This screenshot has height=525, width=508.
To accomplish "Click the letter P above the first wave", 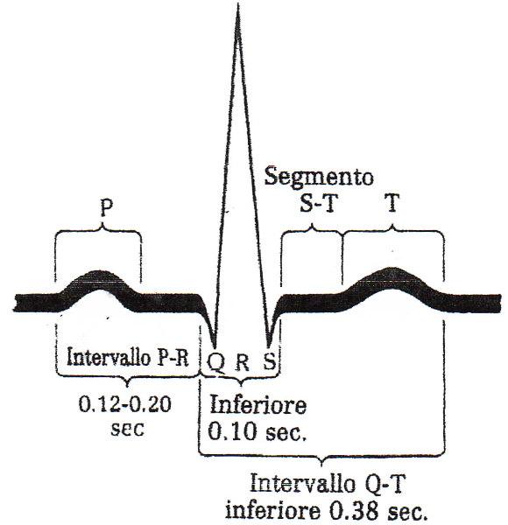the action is click(106, 207).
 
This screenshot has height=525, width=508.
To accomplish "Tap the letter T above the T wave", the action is click(392, 203).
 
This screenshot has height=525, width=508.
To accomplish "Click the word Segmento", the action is click(319, 176).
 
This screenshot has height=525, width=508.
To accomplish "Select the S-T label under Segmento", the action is click(317, 203).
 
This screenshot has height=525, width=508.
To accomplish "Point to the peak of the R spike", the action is click(238, 4).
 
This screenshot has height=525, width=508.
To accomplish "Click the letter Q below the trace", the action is click(215, 363).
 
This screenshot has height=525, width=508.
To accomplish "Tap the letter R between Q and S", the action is click(243, 362).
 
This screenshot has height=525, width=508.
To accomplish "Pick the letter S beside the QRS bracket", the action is click(270, 360).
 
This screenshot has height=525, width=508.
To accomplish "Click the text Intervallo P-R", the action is click(128, 357).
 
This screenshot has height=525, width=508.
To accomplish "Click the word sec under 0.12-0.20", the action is click(127, 429).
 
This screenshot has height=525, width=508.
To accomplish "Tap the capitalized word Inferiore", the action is click(258, 404).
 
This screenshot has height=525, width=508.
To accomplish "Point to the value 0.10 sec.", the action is click(258, 431).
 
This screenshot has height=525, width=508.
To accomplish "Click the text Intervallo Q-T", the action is click(328, 483).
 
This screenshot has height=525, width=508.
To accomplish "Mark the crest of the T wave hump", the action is click(391, 269).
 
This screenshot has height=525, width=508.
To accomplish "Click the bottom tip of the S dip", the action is click(269, 346).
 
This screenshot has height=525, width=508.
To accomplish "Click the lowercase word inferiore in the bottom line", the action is click(272, 511).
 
